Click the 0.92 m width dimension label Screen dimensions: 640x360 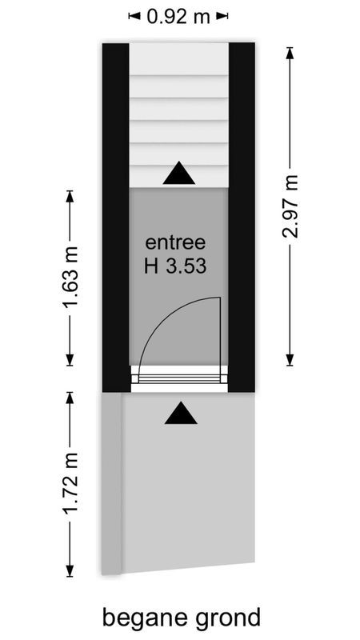click(178, 16)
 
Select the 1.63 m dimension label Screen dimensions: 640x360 click(70, 278)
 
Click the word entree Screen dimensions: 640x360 click(176, 242)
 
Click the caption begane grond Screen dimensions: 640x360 click(182, 618)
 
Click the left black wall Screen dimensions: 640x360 click(116, 216)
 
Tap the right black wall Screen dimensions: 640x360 click(242, 216)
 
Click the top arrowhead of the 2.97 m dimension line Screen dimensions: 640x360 click(290, 49)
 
